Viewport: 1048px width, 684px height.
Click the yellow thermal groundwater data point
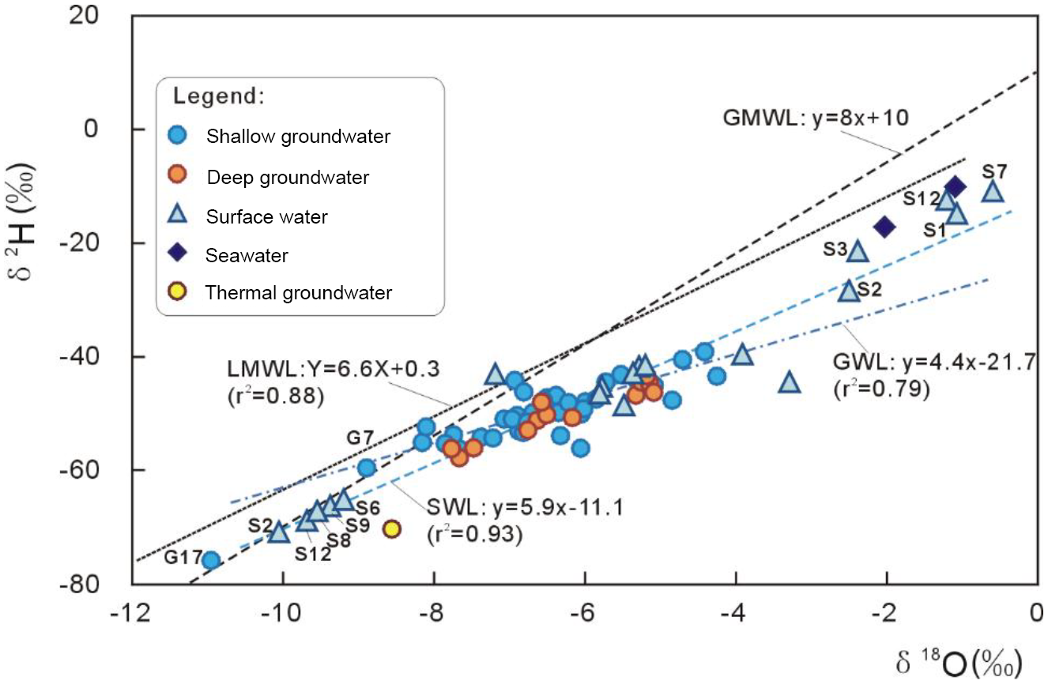(x=391, y=529)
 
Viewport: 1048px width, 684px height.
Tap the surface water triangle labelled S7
(x=993, y=191)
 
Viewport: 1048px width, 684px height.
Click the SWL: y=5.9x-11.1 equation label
(x=525, y=505)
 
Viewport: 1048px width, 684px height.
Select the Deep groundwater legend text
(x=288, y=178)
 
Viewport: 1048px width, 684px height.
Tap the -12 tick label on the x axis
(x=131, y=613)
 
